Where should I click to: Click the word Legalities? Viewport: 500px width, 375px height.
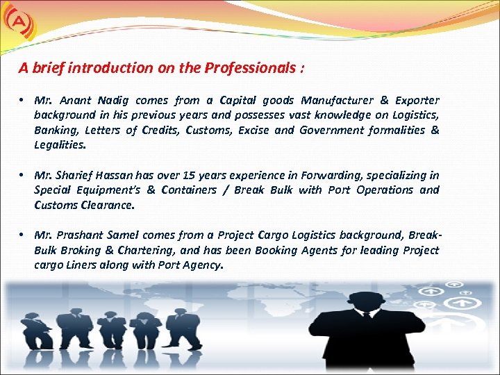60,145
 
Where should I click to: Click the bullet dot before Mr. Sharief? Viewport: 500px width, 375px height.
23,175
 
